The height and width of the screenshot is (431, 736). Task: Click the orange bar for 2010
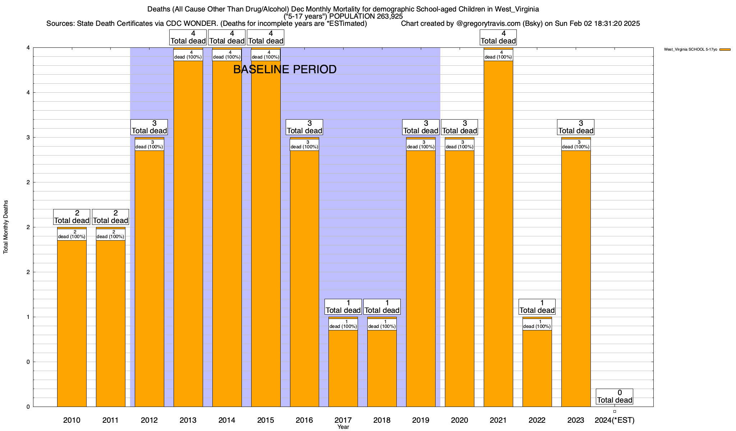click(x=72, y=323)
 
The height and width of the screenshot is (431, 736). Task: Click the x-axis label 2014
click(x=227, y=420)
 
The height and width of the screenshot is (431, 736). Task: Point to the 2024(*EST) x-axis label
click(x=615, y=420)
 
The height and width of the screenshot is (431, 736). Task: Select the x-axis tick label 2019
click(x=420, y=420)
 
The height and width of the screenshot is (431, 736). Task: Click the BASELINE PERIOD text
click(x=285, y=69)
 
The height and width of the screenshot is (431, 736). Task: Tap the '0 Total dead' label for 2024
click(x=615, y=397)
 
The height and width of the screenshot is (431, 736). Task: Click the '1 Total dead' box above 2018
click(x=382, y=307)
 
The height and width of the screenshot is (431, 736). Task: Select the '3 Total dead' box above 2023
click(x=576, y=127)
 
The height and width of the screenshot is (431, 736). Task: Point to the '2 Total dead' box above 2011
click(x=111, y=217)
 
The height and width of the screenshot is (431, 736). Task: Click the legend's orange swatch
click(x=725, y=50)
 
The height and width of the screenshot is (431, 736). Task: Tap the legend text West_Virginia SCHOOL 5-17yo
click(x=690, y=50)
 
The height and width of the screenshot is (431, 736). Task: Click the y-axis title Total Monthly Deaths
click(x=6, y=227)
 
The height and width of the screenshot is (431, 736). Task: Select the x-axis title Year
click(x=343, y=427)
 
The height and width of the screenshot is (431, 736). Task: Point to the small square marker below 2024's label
click(x=615, y=411)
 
